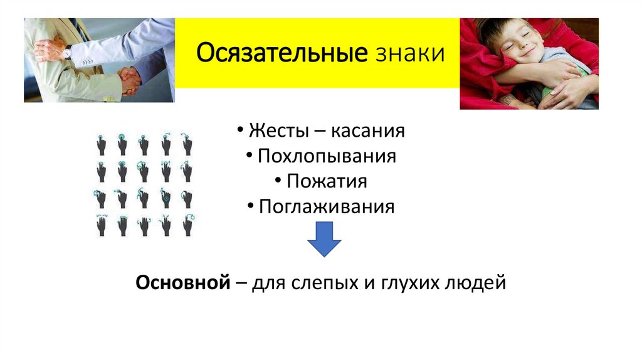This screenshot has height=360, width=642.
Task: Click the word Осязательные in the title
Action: [282, 53]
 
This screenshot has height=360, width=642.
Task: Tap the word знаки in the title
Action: [410, 53]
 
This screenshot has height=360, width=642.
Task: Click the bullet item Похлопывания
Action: [327, 156]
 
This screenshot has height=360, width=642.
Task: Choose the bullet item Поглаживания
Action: [327, 206]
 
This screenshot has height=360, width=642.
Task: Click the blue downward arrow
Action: [324, 240]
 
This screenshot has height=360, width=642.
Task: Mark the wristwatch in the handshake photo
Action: [66, 54]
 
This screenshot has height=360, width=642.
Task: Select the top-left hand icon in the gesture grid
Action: [102, 145]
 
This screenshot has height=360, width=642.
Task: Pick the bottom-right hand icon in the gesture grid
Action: [188, 225]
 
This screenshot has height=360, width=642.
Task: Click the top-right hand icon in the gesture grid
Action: [186, 144]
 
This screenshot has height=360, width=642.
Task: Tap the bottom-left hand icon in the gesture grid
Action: [102, 225]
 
